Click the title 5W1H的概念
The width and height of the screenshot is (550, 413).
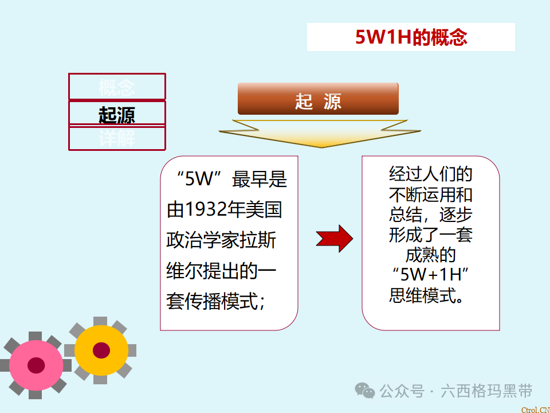(411, 37)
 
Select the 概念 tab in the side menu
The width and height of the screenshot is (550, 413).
(117, 88)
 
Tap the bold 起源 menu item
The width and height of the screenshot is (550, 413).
(117, 115)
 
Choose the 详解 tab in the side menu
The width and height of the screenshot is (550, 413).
(117, 139)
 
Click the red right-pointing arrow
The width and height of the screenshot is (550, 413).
(335, 238)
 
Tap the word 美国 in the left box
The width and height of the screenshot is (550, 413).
(269, 210)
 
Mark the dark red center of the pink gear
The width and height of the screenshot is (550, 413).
(36, 365)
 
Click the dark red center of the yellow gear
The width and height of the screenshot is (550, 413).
(101, 350)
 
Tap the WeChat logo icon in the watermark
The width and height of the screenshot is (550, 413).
(365, 391)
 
